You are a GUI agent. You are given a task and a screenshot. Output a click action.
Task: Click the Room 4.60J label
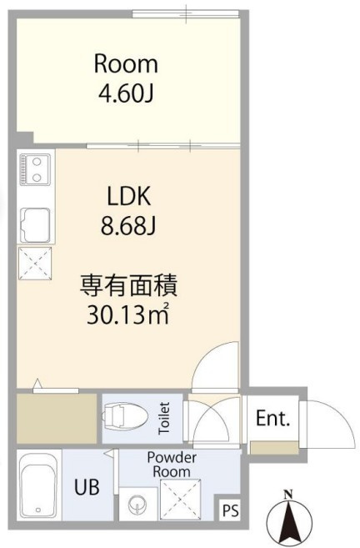(126, 78)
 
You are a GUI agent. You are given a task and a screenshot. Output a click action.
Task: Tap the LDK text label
(129, 196)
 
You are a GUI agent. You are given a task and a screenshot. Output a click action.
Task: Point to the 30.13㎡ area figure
(128, 314)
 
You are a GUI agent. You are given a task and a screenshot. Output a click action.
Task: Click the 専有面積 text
(129, 285)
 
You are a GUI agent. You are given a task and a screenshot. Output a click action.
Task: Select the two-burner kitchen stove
(35, 168)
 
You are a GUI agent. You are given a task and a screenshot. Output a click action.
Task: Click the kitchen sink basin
(35, 225)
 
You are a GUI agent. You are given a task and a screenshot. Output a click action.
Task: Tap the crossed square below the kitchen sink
(35, 264)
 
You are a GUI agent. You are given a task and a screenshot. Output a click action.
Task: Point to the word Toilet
(164, 419)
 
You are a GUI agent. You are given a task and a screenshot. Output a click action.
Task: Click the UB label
(87, 486)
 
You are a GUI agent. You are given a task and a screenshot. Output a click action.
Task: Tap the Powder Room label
(172, 464)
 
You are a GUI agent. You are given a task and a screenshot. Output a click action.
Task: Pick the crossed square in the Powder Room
(181, 500)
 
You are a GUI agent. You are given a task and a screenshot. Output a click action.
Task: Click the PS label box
(231, 510)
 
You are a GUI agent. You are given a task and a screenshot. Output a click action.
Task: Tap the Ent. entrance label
(272, 418)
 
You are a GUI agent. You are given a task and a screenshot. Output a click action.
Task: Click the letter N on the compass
(288, 495)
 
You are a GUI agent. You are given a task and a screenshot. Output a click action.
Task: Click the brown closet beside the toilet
(57, 419)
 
